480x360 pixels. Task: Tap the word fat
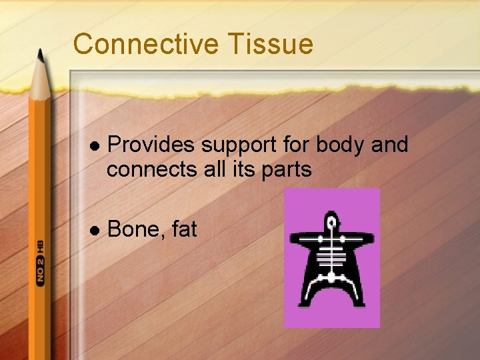pyautogui.click(x=185, y=229)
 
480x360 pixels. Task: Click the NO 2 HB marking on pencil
pyautogui.click(x=40, y=261)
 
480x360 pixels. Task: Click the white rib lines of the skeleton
pyautogui.click(x=331, y=253)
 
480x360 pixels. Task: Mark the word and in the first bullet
pyautogui.click(x=389, y=145)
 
